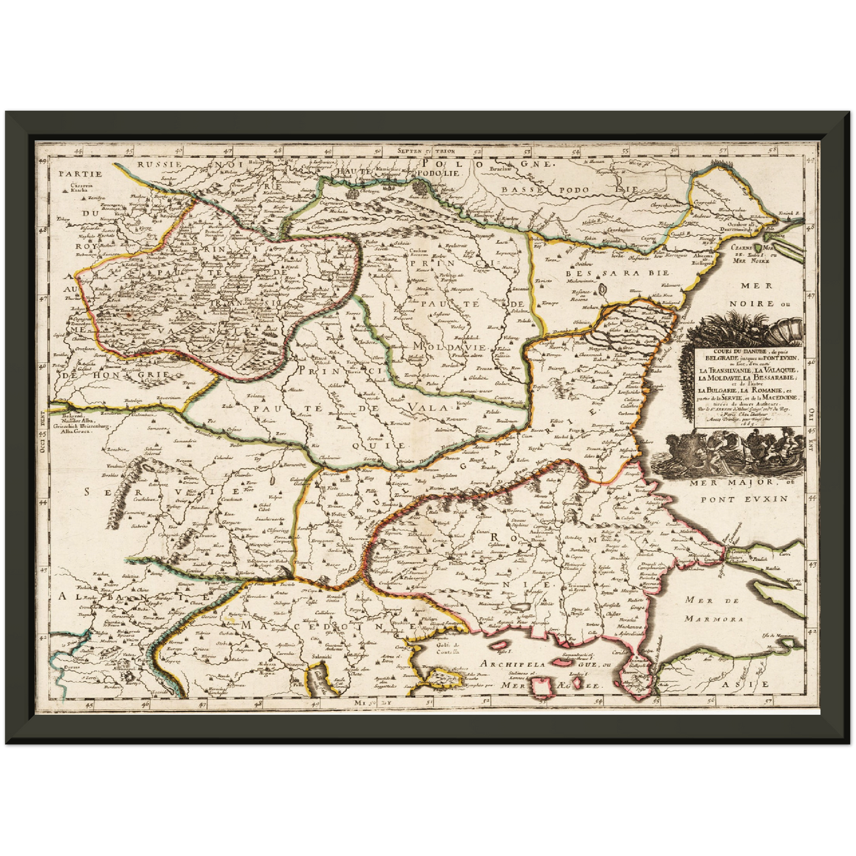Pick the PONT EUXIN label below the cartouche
pyautogui.click(x=744, y=498)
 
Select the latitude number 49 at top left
pyautogui.click(x=43, y=161)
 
